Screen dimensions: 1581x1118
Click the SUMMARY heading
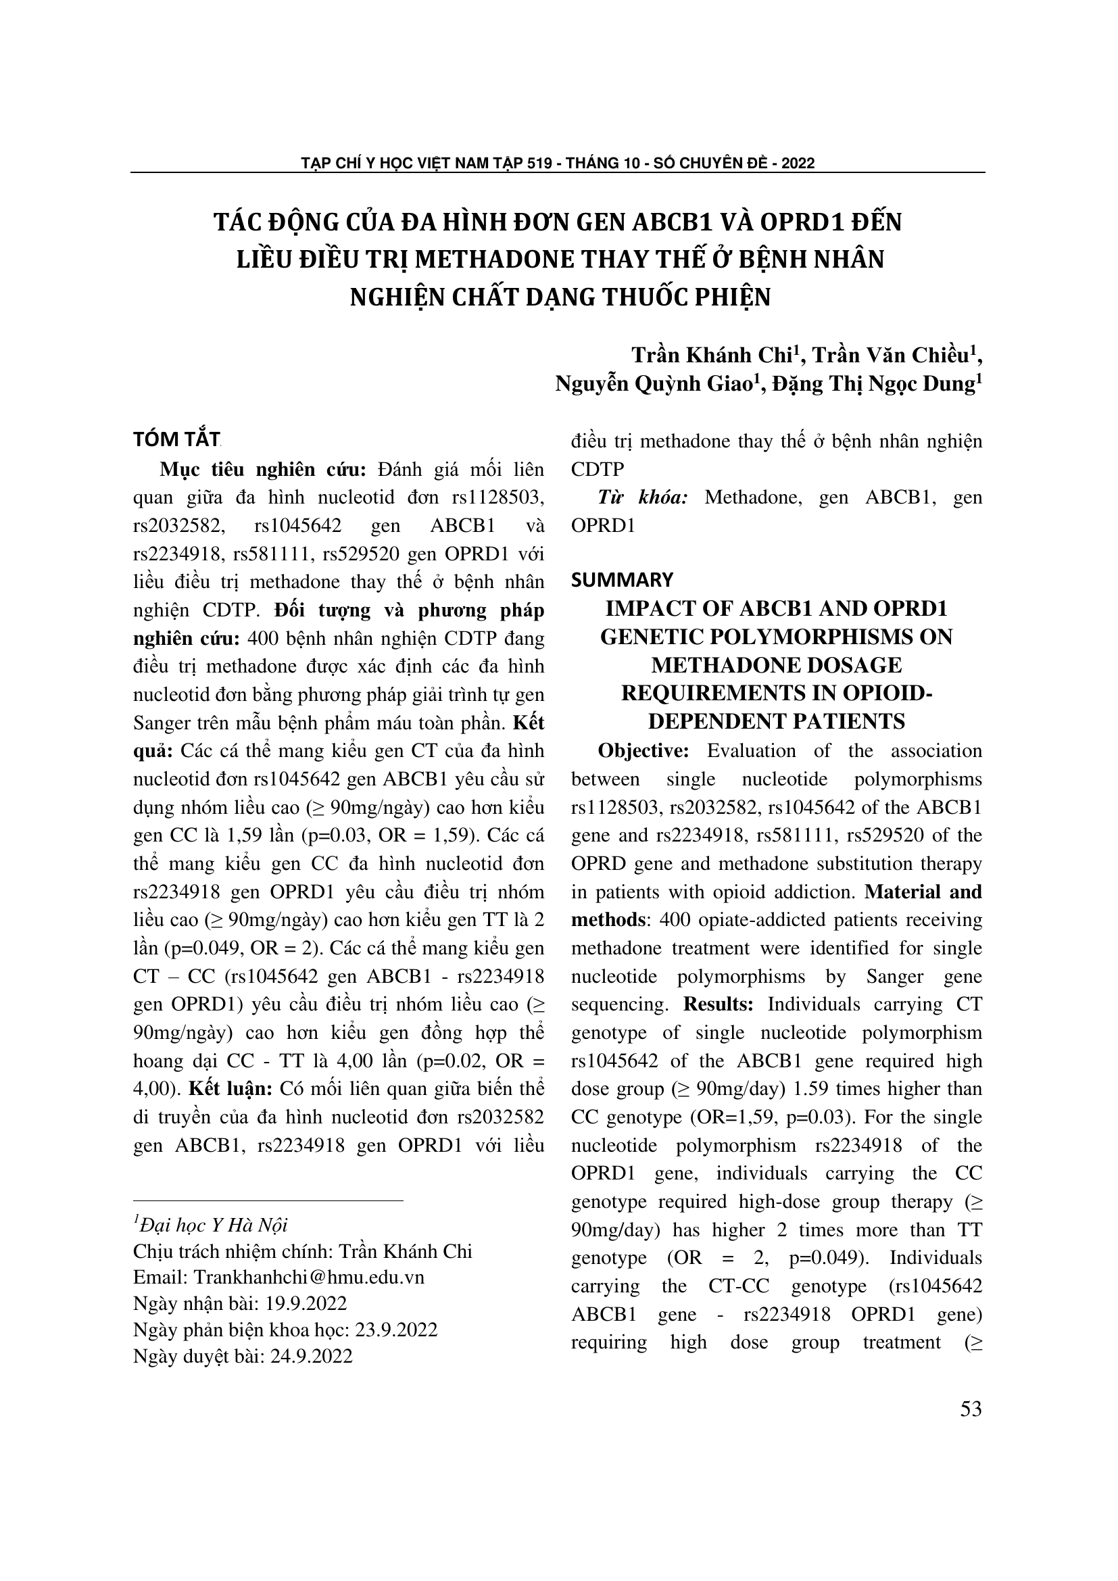[622, 579]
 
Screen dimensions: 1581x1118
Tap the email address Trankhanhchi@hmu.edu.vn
[309, 1278]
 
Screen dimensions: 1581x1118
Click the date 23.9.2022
[396, 1330]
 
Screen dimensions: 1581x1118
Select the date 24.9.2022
[310, 1356]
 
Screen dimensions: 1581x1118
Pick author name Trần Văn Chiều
[889, 356]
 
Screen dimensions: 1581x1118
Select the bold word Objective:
[643, 750]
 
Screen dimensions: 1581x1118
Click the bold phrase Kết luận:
[231, 1089]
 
